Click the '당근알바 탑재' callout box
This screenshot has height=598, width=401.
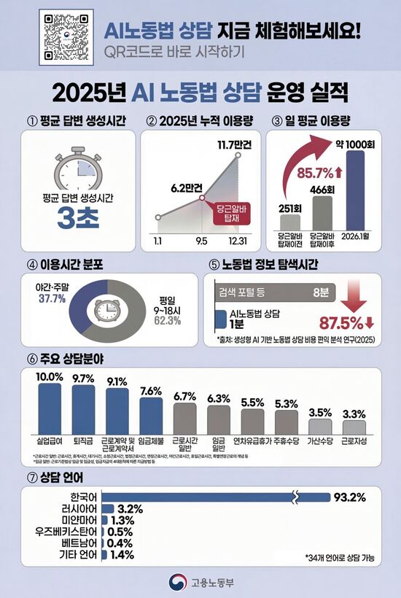(231, 212)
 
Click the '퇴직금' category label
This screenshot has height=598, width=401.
(84, 442)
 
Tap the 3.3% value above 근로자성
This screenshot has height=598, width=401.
(354, 414)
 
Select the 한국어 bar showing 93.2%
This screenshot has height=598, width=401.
(217, 497)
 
